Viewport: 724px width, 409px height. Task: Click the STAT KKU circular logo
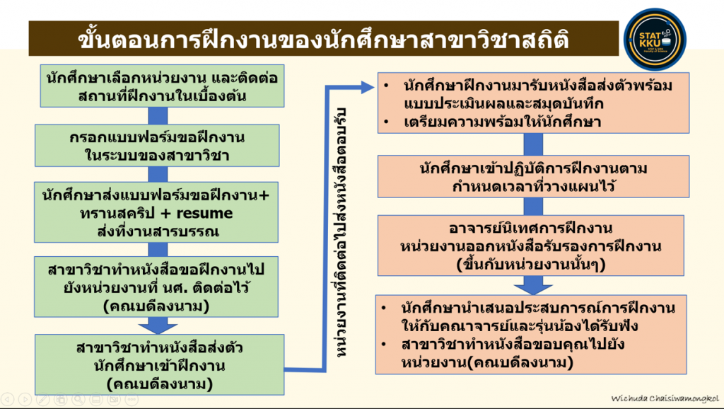coord(654,40)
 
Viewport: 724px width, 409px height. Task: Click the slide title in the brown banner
coord(323,40)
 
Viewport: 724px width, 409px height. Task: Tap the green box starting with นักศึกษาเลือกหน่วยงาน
coord(162,86)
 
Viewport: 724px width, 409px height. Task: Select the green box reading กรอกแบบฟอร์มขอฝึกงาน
coord(157,146)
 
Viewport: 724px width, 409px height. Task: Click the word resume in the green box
coord(204,213)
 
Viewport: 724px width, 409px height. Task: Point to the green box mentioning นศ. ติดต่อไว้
coord(156,287)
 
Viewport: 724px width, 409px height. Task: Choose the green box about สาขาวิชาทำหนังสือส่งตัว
coord(159,364)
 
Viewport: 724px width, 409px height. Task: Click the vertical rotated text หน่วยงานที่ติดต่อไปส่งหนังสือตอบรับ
coord(340,233)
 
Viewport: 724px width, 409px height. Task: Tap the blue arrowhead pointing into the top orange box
coord(368,87)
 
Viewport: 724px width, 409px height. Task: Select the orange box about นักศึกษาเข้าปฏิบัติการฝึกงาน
coord(533,176)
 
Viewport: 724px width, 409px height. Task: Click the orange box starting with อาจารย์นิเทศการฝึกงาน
coord(530,246)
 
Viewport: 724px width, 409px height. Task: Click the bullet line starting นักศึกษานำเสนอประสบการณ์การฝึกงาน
coord(528,316)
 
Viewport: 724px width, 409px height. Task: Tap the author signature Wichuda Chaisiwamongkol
coord(665,398)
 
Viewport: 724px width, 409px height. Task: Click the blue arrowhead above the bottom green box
coord(158,328)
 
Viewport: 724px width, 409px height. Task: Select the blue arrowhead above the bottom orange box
coord(533,288)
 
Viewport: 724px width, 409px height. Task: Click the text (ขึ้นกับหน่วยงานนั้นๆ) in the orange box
coord(530,265)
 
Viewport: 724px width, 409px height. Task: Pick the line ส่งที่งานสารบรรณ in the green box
coord(158,231)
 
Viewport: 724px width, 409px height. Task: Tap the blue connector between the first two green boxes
coord(158,115)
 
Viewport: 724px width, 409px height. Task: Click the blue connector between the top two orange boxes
coord(533,144)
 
